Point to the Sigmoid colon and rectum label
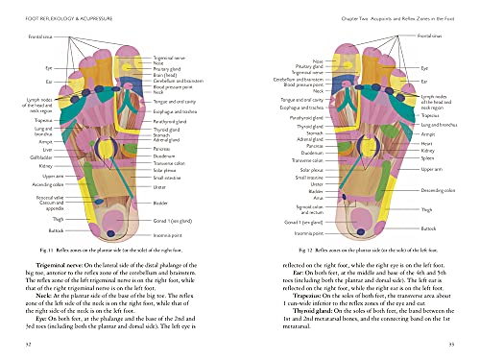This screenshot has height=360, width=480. (x=309, y=208)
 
